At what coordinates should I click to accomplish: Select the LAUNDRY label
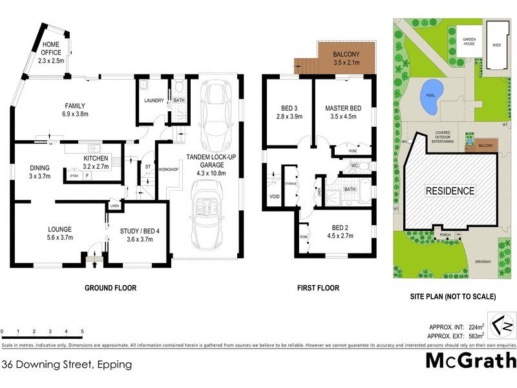coord(154,100)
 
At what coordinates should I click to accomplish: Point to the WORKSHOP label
coord(168,169)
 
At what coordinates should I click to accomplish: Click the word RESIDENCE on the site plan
coord(450,191)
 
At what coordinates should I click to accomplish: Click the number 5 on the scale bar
coord(82,331)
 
